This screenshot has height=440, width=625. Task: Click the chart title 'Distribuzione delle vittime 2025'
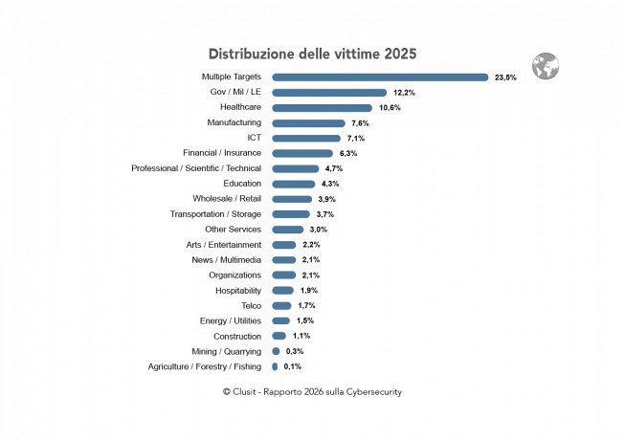(x=312, y=54)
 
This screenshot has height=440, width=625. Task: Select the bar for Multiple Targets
(x=380, y=77)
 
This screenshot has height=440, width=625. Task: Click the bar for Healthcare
(x=322, y=108)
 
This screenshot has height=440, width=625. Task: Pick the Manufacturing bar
(x=308, y=123)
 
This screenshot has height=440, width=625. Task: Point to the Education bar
(x=293, y=184)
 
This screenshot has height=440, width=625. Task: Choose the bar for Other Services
(x=287, y=230)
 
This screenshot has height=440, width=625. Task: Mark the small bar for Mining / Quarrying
(x=276, y=351)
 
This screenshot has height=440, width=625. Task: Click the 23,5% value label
(x=505, y=77)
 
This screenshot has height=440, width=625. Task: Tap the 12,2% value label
(x=404, y=93)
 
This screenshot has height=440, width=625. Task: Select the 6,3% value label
(x=348, y=153)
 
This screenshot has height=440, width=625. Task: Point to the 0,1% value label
(x=293, y=366)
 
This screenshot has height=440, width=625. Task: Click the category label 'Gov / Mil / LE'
(x=235, y=92)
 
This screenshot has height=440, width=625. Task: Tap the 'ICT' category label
(x=254, y=138)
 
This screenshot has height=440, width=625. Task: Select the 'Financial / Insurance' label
(x=222, y=153)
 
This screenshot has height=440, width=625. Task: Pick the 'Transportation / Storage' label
(x=215, y=214)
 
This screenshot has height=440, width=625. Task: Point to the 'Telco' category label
(x=251, y=305)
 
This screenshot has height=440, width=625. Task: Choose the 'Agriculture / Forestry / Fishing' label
(x=205, y=366)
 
